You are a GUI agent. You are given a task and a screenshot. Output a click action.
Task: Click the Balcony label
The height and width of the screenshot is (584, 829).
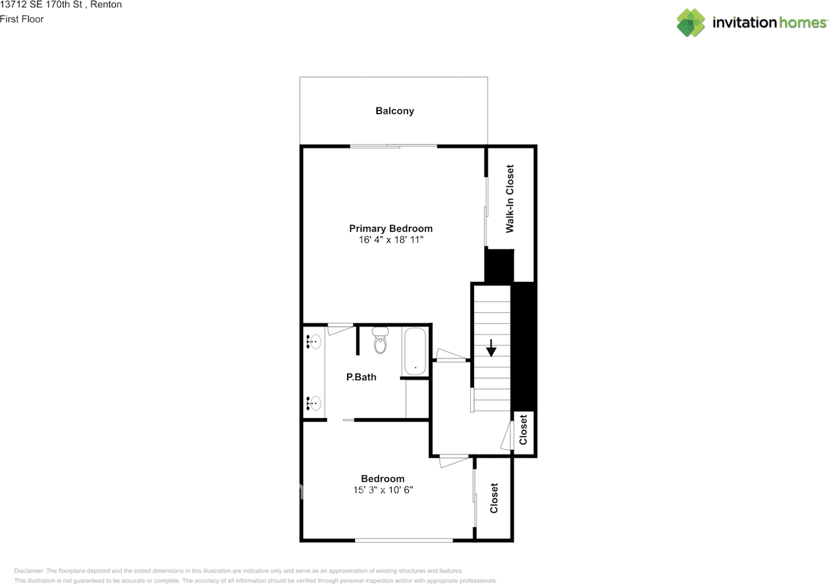point(394,111)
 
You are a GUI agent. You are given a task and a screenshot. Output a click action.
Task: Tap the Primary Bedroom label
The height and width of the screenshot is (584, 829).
point(391,228)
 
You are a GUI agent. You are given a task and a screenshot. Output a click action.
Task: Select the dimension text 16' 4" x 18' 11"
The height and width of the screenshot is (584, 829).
point(391,240)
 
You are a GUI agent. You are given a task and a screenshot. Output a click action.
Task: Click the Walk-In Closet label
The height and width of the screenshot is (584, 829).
point(510,199)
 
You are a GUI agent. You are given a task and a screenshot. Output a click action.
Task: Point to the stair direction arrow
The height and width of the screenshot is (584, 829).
point(491,348)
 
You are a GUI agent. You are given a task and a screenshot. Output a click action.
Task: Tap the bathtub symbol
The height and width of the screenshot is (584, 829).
point(415,352)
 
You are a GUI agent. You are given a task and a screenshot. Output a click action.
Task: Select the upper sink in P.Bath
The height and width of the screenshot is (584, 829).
point(314,341)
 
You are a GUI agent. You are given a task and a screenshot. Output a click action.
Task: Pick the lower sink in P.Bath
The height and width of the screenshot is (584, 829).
point(314,404)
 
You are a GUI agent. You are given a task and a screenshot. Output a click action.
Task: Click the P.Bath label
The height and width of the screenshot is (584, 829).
point(361,377)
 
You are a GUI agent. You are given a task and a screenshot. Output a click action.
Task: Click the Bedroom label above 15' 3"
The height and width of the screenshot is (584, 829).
point(383,478)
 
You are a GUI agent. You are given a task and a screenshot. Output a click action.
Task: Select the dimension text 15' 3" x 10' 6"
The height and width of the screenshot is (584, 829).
point(383,490)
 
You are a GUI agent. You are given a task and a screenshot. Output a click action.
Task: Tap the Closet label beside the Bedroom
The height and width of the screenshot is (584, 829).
point(494,498)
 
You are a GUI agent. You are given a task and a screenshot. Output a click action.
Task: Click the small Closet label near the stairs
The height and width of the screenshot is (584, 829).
point(523,429)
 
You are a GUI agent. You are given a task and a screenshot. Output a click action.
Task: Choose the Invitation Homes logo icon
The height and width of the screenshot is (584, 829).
point(691,23)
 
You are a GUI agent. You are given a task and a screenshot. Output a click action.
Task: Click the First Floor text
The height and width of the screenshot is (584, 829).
point(22,19)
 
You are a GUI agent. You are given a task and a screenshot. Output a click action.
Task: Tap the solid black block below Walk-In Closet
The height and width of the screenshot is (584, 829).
point(499,266)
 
